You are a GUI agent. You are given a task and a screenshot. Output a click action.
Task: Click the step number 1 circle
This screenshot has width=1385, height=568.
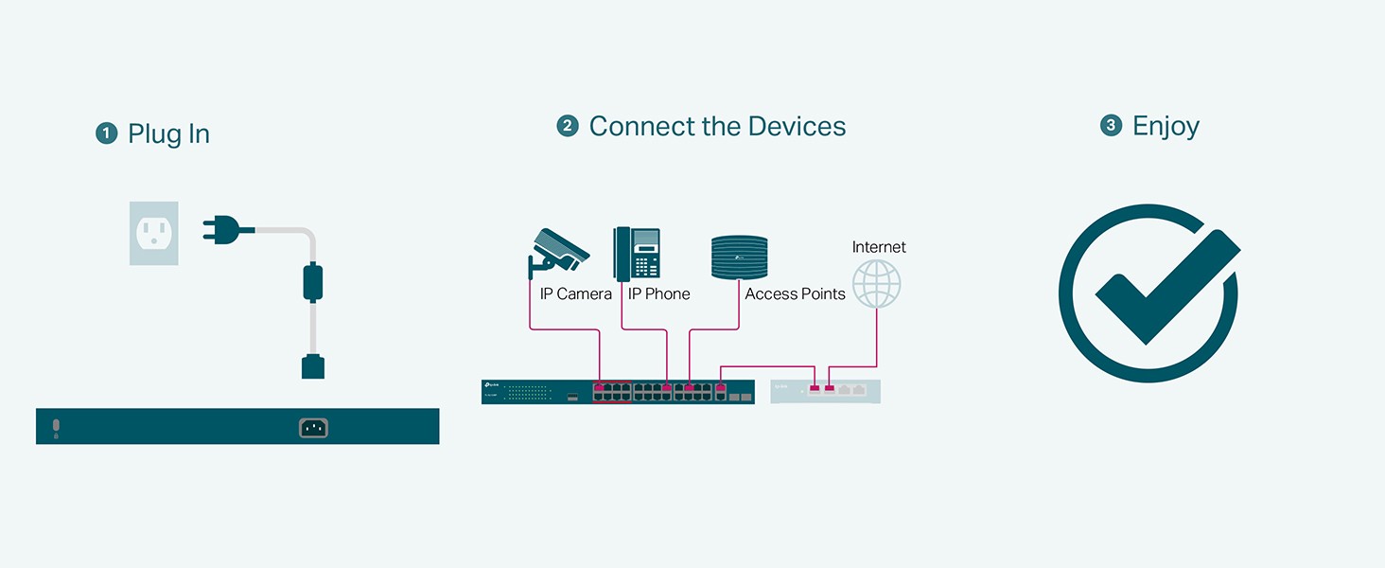tap(106, 133)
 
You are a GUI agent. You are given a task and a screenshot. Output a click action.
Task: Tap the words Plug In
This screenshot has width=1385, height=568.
tap(168, 134)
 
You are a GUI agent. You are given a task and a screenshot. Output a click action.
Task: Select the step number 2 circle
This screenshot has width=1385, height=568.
tap(568, 126)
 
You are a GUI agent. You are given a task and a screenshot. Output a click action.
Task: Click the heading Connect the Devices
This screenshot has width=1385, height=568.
tap(717, 127)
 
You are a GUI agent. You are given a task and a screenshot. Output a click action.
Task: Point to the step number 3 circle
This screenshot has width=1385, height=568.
tap(1111, 126)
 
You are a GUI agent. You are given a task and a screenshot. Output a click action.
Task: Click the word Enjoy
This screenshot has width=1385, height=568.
tap(1166, 127)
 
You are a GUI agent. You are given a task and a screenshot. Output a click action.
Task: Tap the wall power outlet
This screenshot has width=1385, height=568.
tap(153, 232)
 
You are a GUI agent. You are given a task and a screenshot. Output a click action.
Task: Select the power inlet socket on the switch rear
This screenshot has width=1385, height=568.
tap(313, 428)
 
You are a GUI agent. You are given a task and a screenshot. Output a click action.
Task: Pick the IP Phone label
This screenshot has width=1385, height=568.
tap(658, 294)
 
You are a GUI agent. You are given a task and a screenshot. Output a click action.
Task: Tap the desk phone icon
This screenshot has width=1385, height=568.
tap(638, 253)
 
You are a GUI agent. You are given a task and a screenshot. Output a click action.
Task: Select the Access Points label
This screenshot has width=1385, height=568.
tap(795, 294)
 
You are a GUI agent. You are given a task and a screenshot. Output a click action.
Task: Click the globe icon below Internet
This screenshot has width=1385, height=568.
tap(876, 284)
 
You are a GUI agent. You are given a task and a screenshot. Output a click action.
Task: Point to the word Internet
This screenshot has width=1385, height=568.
tap(879, 247)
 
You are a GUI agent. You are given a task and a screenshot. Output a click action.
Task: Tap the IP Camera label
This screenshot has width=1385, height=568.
tap(575, 294)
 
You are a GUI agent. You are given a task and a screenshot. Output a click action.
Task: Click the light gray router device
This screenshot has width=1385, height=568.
tap(825, 391)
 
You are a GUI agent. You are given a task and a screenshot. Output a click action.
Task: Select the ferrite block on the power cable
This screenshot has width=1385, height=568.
tap(312, 282)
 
